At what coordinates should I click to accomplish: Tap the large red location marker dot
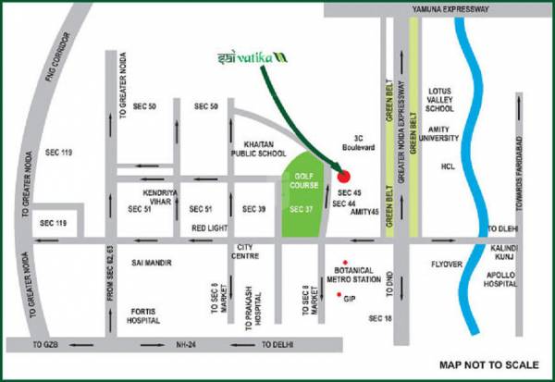click(344, 176)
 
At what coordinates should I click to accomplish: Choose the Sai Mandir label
click(152, 262)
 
